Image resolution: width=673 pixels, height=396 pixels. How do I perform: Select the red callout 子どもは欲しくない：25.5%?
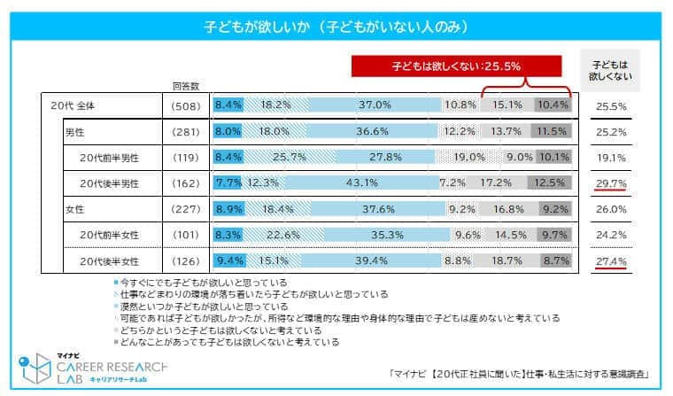click(456, 66)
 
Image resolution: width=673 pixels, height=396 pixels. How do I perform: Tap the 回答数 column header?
click(185, 86)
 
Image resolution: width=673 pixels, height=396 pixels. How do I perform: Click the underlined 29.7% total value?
click(612, 183)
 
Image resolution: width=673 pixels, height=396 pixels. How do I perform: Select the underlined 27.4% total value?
click(612, 261)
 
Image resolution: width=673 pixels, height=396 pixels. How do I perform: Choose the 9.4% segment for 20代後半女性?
click(229, 261)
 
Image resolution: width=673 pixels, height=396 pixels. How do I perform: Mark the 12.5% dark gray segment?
click(550, 183)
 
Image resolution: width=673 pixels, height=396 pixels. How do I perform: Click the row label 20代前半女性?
click(114, 236)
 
